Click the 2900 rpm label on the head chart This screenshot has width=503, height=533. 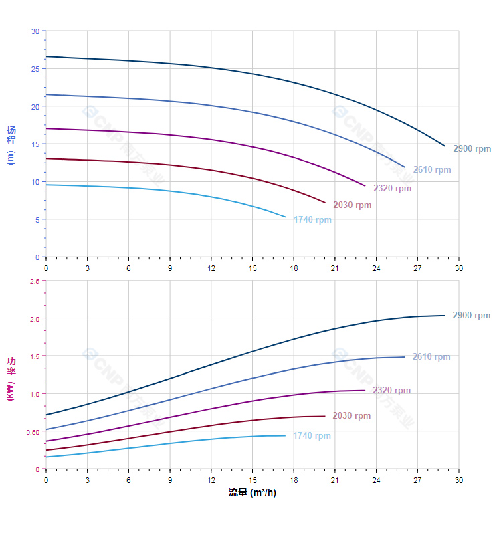click(x=472, y=149)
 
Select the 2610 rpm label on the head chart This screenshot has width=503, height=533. click(x=431, y=170)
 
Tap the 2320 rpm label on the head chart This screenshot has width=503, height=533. click(x=392, y=189)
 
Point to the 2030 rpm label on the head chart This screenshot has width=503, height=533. click(x=352, y=205)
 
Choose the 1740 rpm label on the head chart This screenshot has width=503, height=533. click(x=312, y=220)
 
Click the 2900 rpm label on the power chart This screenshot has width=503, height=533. click(x=471, y=316)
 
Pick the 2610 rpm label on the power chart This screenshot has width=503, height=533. click(x=431, y=357)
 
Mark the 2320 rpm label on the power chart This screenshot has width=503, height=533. click(x=391, y=391)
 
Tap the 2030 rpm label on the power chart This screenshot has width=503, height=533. click(x=351, y=416)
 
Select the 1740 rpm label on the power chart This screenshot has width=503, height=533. click(x=312, y=436)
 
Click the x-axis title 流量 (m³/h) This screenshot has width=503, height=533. click(x=252, y=493)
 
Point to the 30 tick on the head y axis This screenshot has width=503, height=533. click(x=35, y=31)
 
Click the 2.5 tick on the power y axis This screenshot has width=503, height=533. click(x=34, y=281)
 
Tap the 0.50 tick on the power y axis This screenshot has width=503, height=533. click(x=33, y=431)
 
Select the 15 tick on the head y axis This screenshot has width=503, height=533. click(x=35, y=144)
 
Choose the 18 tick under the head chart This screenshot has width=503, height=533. click(x=294, y=268)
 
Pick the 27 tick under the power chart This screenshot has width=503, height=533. click(x=417, y=479)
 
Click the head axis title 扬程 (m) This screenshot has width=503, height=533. click(x=11, y=144)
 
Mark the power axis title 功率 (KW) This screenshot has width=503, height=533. click(x=11, y=379)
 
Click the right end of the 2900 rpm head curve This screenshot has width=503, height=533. click(x=445, y=146)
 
